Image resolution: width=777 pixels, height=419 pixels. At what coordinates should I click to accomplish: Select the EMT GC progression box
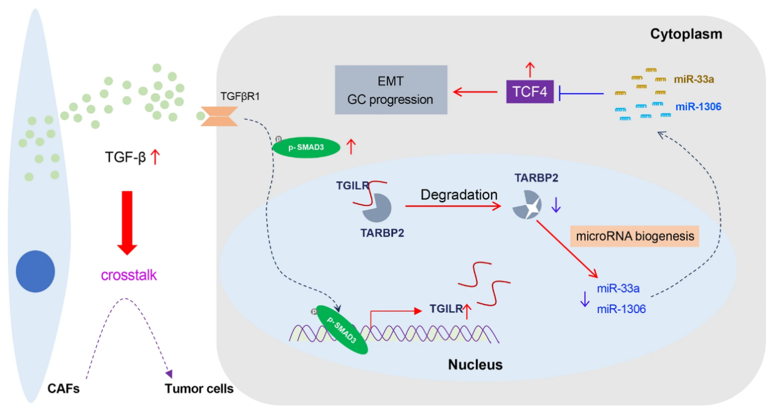click(x=391, y=90)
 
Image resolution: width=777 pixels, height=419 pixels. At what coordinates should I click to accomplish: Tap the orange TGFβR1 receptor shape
click(x=219, y=115)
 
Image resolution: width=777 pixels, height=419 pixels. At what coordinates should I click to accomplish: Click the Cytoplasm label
click(x=686, y=34)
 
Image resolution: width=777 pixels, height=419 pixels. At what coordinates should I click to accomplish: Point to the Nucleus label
click(x=475, y=365)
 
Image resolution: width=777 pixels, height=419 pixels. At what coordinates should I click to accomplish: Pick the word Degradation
click(x=459, y=195)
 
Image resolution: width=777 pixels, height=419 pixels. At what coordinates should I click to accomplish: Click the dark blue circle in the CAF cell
click(x=36, y=271)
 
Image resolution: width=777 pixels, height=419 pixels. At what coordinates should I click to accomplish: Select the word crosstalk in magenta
click(x=129, y=275)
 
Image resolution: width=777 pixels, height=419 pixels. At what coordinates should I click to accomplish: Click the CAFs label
click(x=64, y=388)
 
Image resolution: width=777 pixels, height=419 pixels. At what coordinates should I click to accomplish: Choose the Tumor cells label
click(x=199, y=388)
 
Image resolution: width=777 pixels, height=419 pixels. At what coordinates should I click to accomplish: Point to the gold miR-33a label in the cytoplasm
click(x=694, y=78)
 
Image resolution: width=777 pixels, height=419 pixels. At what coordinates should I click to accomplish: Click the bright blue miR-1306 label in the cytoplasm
click(x=699, y=107)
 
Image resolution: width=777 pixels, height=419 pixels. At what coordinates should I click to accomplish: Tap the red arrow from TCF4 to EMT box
click(x=475, y=92)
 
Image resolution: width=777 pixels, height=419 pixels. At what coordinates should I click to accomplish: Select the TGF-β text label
click(x=126, y=159)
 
